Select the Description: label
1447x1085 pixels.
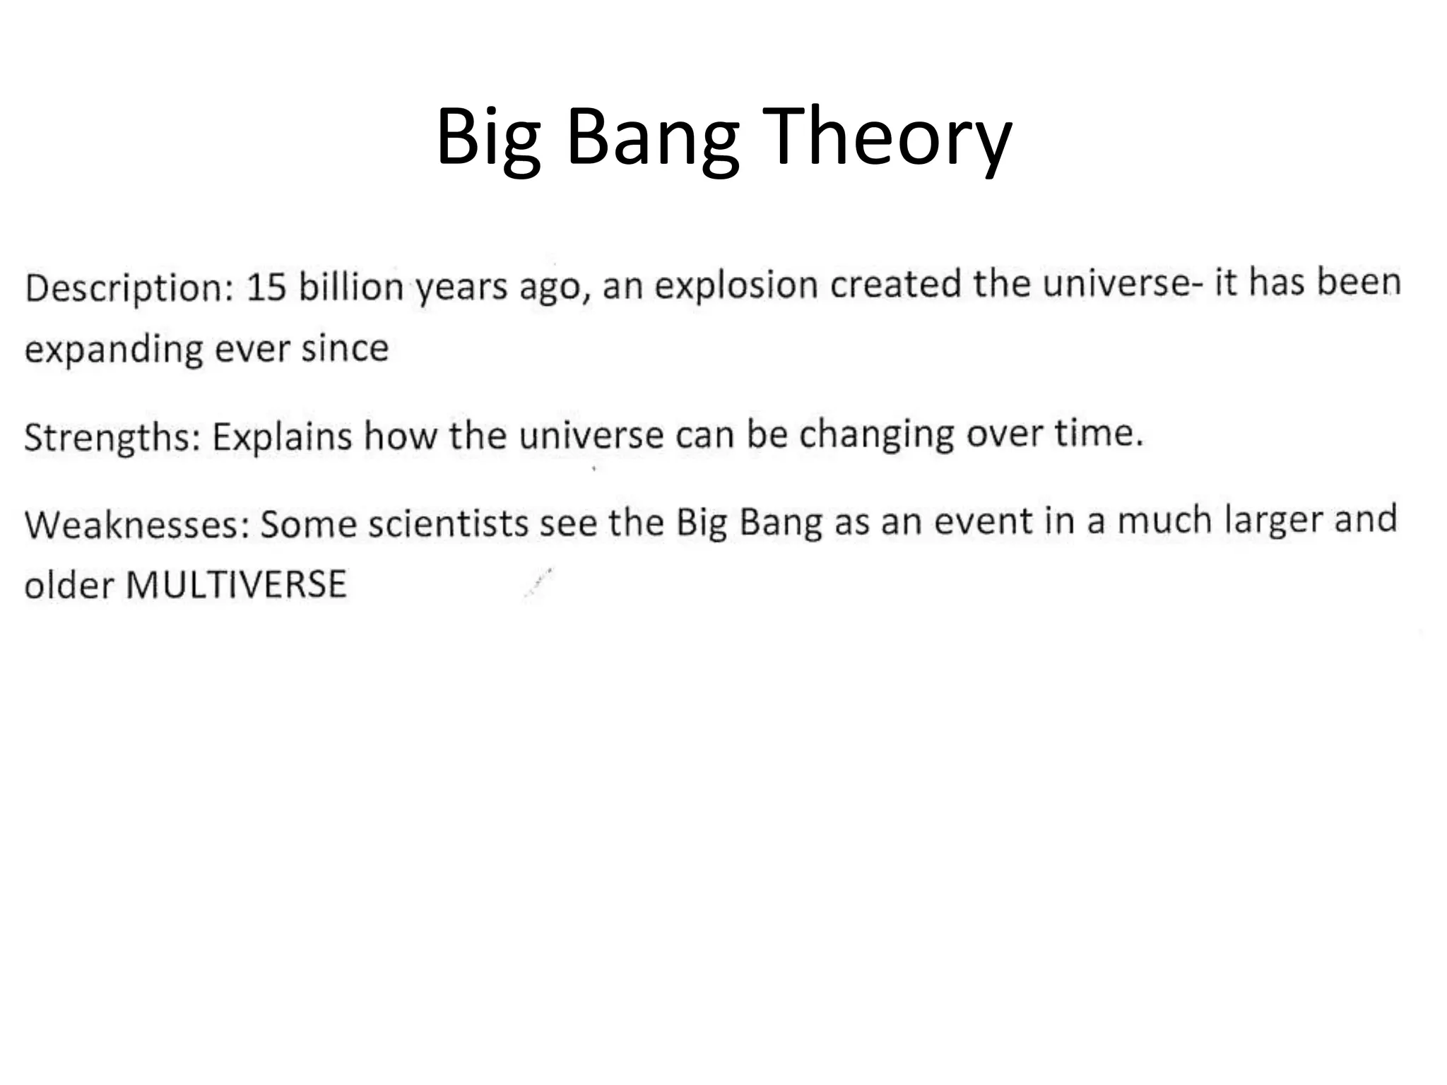129,288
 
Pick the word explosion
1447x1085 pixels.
736,285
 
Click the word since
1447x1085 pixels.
345,349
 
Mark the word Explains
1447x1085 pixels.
282,437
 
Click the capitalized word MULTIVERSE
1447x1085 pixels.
236,585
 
